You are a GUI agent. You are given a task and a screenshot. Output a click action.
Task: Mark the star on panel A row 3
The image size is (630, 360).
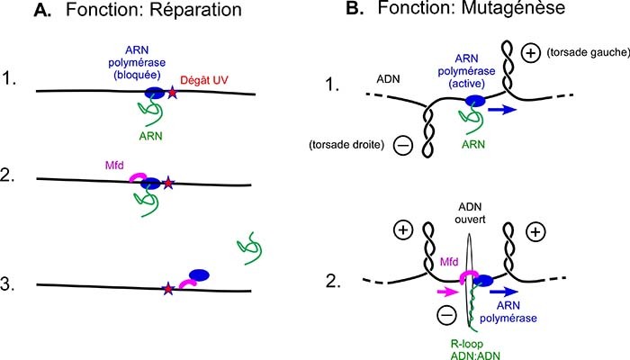168,289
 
